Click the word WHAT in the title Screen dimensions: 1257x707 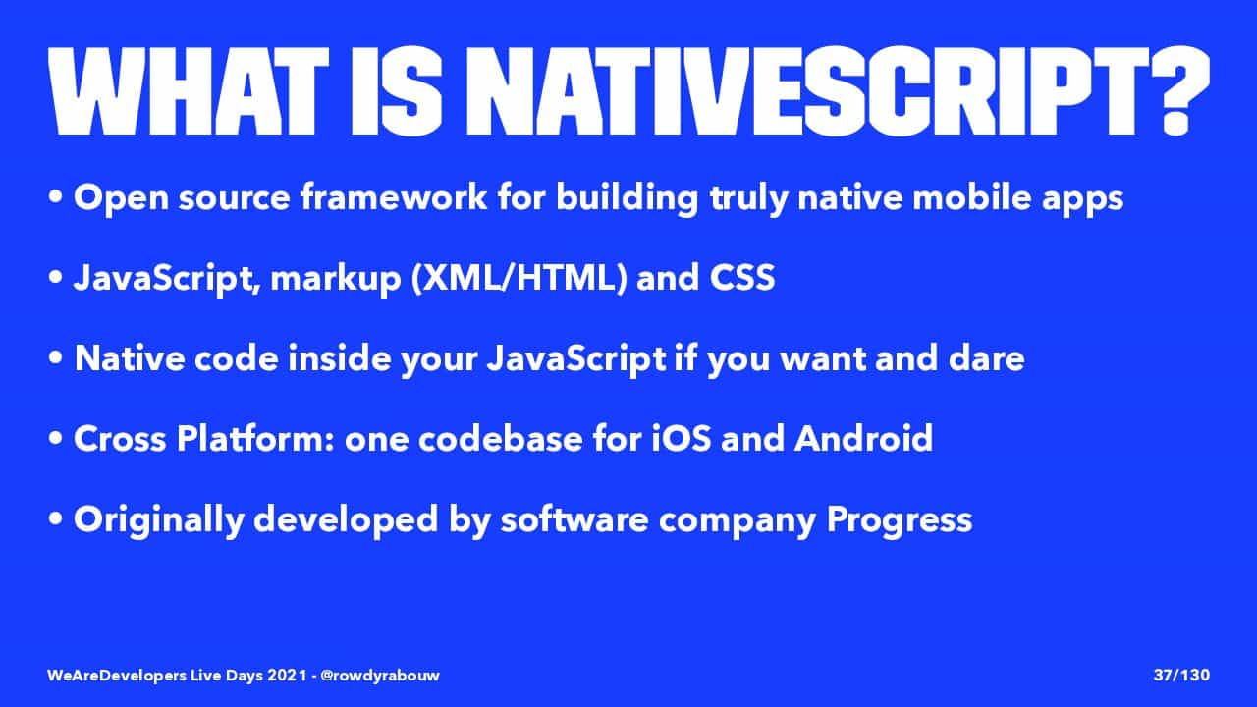pos(188,91)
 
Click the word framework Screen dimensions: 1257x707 pos(394,197)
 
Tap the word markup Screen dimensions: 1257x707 pos(336,279)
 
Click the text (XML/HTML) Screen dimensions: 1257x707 pos(519,278)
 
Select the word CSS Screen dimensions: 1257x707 pos(741,277)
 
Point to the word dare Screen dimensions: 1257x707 pos(987,358)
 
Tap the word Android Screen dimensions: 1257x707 pos(863,438)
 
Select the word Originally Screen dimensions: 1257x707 pos(159,520)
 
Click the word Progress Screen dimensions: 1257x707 pos(899,520)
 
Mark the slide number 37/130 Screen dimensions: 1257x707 pos(1181,675)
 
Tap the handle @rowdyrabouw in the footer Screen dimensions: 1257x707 pos(380,675)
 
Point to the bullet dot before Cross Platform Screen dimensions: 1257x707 pos(55,439)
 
